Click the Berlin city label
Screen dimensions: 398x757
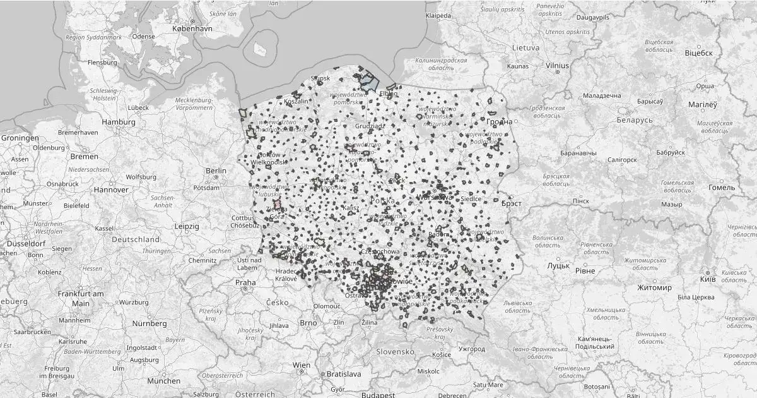point(216,171)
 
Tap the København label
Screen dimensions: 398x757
point(194,29)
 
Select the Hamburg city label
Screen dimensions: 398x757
point(119,122)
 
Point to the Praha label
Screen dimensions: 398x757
point(246,282)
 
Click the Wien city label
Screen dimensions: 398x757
point(302,366)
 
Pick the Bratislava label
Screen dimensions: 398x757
point(344,374)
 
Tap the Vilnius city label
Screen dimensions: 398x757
point(557,65)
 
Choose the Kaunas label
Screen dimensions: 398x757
point(517,66)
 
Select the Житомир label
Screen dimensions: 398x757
point(654,287)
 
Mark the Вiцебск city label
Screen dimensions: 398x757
point(698,53)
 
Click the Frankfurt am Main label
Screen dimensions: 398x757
point(81,298)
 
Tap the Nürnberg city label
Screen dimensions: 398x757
point(150,323)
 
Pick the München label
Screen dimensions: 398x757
point(163,381)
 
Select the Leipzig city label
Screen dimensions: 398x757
point(187,226)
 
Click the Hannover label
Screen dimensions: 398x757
point(111,190)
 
